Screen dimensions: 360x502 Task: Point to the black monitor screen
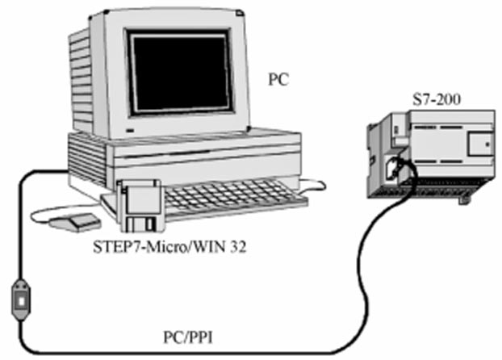tap(180, 72)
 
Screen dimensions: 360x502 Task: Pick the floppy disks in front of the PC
tap(141, 206)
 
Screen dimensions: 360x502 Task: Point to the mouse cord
tap(40, 213)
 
